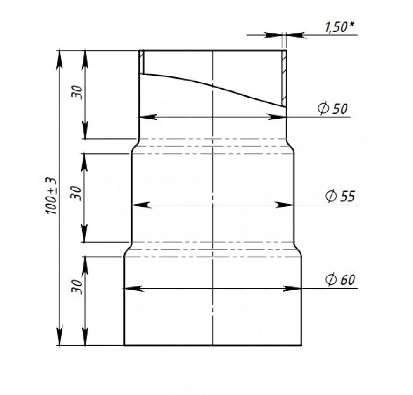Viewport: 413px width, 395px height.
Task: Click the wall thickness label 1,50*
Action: pos(340,27)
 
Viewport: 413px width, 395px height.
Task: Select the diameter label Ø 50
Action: pos(332,108)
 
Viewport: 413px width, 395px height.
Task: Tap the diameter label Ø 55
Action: pos(340,195)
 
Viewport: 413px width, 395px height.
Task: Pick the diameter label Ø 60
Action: pos(340,279)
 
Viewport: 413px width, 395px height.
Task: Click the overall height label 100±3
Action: pos(51,196)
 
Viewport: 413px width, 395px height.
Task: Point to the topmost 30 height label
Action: pos(77,92)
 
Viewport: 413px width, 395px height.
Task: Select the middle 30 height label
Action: pos(76,193)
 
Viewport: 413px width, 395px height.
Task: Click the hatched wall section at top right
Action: pos(284,78)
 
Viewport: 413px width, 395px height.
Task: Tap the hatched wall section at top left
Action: pos(141,62)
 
